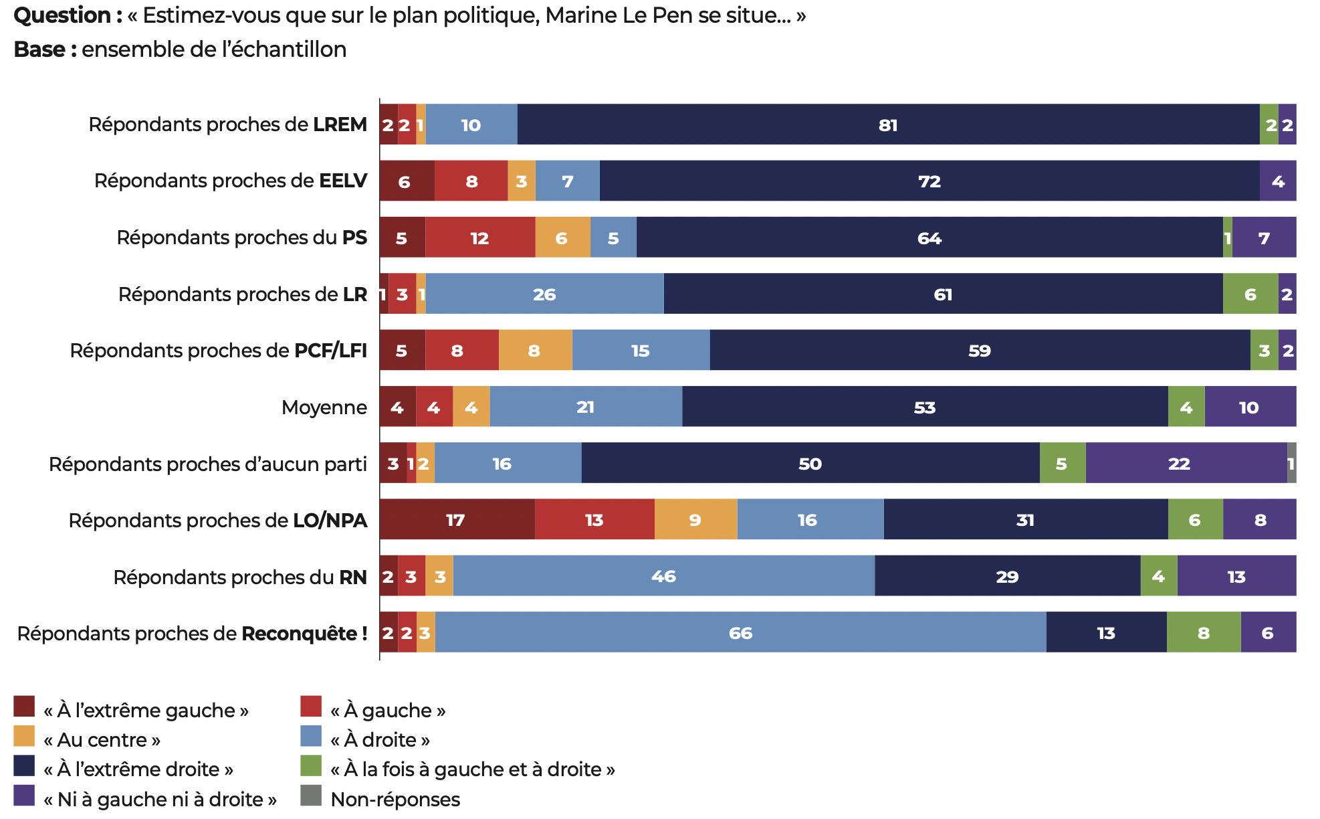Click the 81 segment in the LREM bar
tap(888, 124)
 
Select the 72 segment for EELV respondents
tap(929, 181)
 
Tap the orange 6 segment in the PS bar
tap(562, 238)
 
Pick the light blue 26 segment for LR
tap(544, 294)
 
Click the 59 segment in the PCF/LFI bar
tap(980, 350)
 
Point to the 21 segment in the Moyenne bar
tap(586, 407)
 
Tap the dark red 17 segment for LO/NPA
tap(457, 519)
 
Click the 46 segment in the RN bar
tap(663, 576)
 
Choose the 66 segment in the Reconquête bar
tap(740, 632)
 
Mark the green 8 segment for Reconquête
tap(1204, 632)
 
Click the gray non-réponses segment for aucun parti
tap(1292, 463)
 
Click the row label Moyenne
tap(324, 407)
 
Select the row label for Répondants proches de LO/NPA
tap(218, 520)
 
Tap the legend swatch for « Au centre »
tap(24, 736)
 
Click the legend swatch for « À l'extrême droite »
tap(24, 765)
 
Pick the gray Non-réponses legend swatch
tap(311, 796)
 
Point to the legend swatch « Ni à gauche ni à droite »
tap(24, 796)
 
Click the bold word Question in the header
tap(63, 15)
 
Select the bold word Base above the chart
tap(39, 50)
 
